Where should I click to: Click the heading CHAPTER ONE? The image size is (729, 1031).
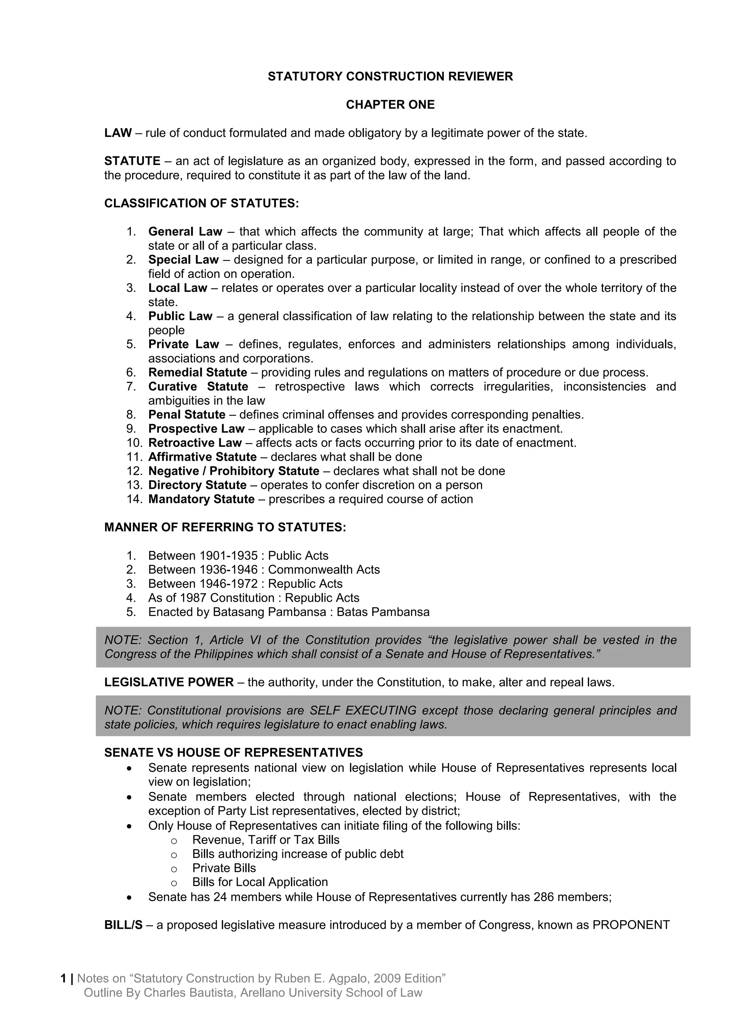point(390,105)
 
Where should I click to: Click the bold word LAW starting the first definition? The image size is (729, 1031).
point(118,133)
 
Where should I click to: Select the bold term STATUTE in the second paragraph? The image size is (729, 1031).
point(132,161)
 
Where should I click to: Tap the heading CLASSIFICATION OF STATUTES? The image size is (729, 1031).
point(201,203)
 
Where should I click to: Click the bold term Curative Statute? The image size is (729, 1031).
point(198,387)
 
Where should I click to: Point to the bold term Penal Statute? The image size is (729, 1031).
point(187,414)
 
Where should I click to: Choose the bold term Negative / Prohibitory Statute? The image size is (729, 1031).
point(234,471)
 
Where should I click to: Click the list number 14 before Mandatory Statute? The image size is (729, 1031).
point(134,499)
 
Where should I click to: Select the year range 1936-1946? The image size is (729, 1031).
point(229,570)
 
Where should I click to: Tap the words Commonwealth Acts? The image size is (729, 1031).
point(324,570)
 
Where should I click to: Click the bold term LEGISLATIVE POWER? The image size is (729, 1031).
point(169,682)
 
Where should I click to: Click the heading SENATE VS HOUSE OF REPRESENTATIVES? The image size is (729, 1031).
point(234,753)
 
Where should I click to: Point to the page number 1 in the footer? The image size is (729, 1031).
point(63,978)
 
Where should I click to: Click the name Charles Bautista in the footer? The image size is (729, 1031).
point(189,993)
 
